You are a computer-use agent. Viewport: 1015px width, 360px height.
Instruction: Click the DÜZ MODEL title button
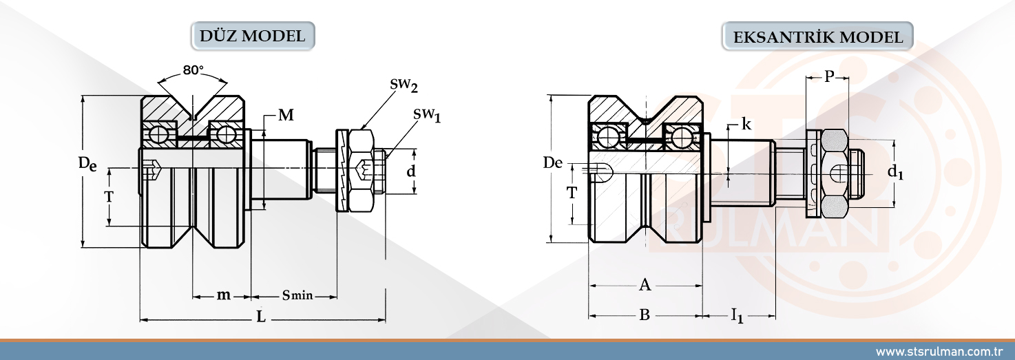[x=252, y=36]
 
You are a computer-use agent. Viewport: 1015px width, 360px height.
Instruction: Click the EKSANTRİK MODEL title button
[x=818, y=36]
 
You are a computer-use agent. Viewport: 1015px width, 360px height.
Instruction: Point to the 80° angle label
[x=193, y=70]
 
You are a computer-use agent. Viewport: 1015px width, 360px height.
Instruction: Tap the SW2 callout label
[x=404, y=85]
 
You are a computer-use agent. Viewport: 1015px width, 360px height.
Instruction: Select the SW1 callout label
[x=427, y=115]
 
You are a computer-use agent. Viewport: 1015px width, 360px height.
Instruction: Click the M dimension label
[x=286, y=116]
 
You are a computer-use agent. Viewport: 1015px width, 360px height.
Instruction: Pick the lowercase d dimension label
[x=411, y=171]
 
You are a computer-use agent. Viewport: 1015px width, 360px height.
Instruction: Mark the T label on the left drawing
[x=109, y=196]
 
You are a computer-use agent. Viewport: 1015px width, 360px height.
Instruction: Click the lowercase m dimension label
[x=223, y=295]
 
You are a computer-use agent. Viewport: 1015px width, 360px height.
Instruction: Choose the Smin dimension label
[x=297, y=295]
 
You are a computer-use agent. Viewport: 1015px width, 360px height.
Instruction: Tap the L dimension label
[x=260, y=316]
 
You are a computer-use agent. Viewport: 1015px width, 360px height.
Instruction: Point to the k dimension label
[x=746, y=125]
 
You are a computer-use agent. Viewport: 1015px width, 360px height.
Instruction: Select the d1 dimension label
[x=895, y=172]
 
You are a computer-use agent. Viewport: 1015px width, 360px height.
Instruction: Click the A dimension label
[x=645, y=284]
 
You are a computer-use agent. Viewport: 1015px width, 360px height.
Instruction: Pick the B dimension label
[x=645, y=315]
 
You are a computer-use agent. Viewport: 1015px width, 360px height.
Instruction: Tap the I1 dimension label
[x=737, y=316]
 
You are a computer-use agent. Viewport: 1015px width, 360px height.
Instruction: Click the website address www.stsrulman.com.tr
[x=937, y=352]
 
